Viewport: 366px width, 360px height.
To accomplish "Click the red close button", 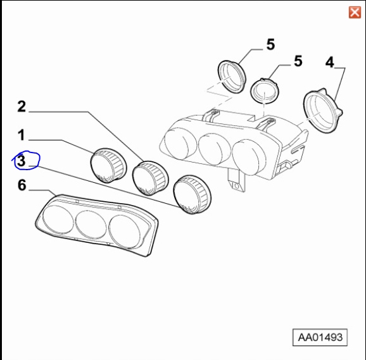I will (355, 12).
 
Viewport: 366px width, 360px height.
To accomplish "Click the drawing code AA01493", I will (320, 337).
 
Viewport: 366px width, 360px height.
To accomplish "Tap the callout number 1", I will (21, 135).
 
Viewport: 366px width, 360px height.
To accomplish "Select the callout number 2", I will (22, 106).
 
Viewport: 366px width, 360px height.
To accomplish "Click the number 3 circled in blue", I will (22, 161).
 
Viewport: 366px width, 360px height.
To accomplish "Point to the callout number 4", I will (329, 62).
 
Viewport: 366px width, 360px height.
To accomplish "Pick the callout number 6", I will (22, 185).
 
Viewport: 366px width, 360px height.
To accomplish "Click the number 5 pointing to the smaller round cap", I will (298, 61).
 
